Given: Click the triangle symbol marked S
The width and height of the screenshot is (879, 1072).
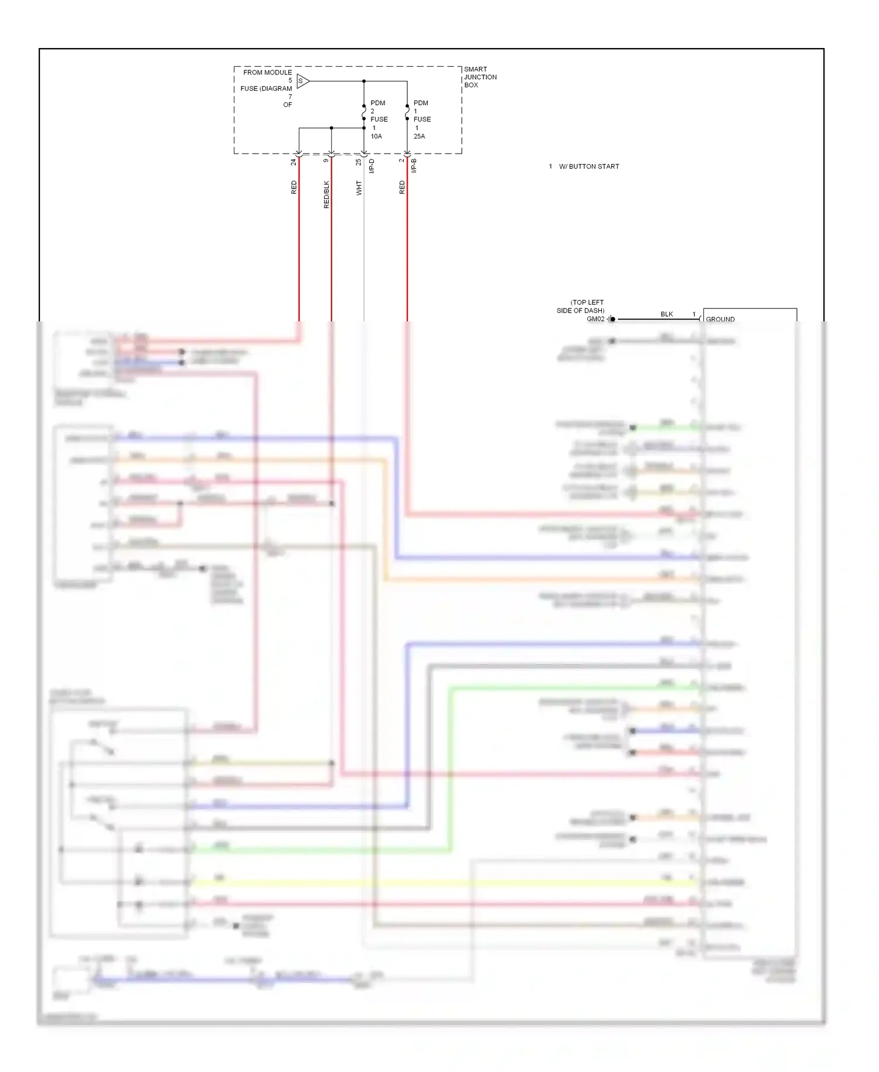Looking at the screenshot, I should [302, 81].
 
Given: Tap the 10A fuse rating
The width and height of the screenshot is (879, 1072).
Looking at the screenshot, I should [376, 136].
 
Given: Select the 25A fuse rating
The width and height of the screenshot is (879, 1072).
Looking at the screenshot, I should [420, 136].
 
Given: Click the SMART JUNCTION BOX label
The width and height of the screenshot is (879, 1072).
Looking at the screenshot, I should [480, 77].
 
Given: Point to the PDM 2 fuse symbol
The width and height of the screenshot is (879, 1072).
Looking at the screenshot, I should [364, 112].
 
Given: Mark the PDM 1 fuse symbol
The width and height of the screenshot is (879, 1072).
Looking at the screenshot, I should [407, 112].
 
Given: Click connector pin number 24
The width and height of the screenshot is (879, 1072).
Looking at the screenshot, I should [294, 162].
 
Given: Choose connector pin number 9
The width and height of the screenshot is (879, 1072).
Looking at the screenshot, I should [326, 160].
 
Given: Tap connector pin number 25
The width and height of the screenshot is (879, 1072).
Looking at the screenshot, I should [359, 162].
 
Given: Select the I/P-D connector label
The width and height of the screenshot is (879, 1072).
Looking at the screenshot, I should [372, 166].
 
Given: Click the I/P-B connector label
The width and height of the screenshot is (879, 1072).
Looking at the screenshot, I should [414, 165].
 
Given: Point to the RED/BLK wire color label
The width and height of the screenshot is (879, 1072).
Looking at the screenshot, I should [326, 194].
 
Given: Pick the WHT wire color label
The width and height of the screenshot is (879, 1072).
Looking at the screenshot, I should [359, 188].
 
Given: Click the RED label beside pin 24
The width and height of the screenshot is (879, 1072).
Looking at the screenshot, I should [294, 187].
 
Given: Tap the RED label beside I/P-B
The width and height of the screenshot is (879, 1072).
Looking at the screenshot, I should [401, 187].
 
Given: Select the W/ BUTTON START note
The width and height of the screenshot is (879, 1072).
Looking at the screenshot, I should [588, 167].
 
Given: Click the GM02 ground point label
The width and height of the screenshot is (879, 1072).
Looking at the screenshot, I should [595, 319].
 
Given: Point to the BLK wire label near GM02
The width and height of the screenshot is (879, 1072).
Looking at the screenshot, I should [666, 314].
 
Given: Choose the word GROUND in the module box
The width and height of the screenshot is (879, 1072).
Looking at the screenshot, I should [720, 319].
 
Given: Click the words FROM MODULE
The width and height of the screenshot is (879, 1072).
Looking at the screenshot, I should [267, 73].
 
